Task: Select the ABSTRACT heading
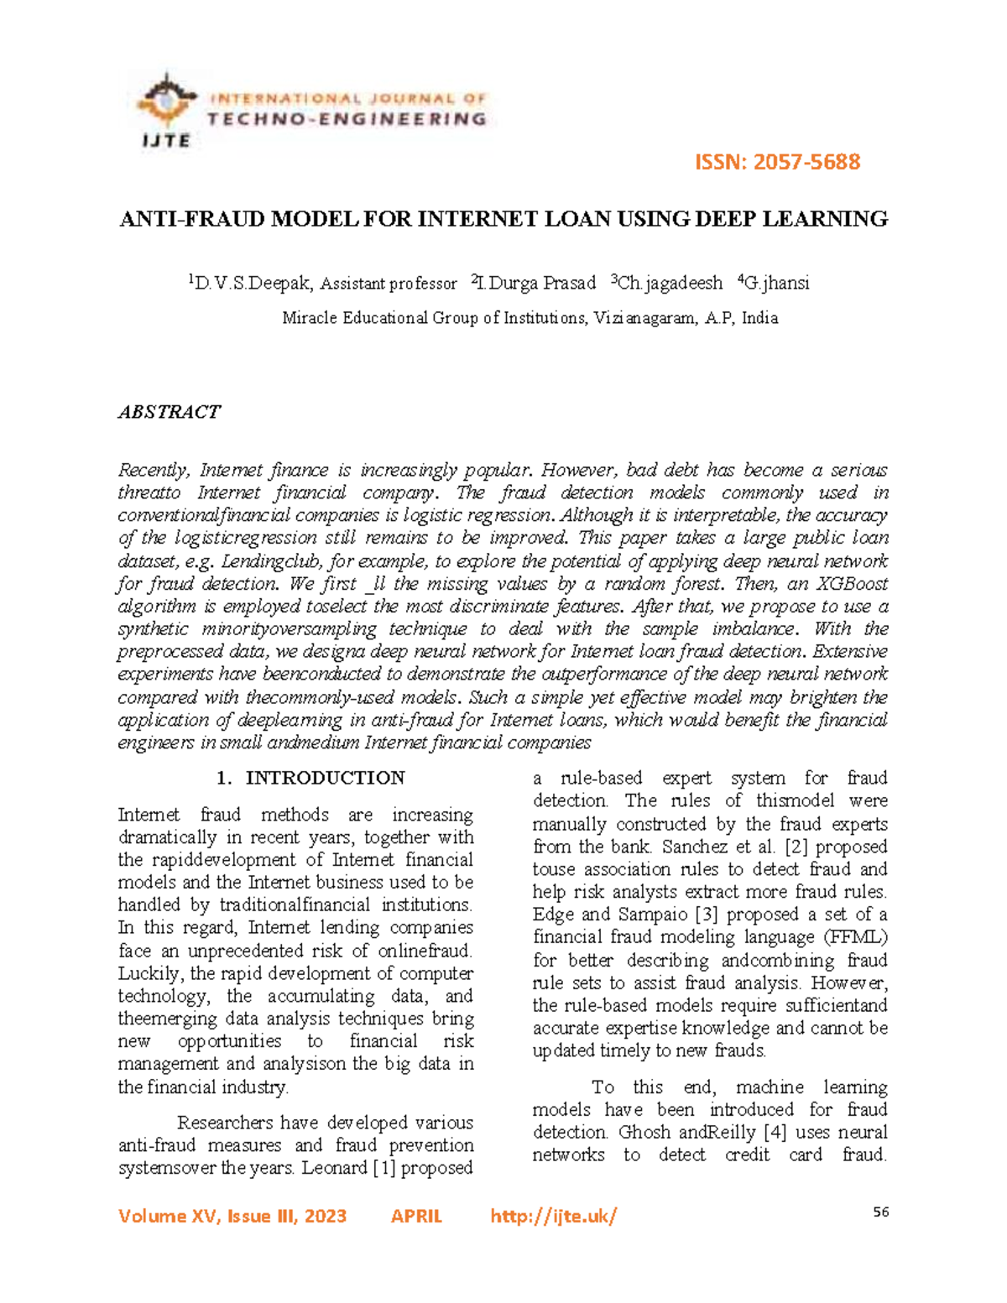tap(169, 412)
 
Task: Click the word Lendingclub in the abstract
tap(271, 561)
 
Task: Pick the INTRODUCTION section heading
tap(325, 779)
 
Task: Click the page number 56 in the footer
tap(880, 1212)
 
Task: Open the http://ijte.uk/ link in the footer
tap(553, 1217)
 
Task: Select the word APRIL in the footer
tap(416, 1217)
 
